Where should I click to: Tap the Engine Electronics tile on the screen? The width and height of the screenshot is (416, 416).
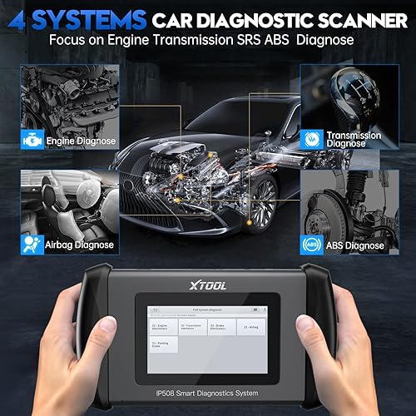click(x=165, y=327)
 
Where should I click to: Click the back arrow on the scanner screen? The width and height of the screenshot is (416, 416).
click(x=154, y=310)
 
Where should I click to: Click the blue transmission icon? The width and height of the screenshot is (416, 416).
click(x=314, y=136)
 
